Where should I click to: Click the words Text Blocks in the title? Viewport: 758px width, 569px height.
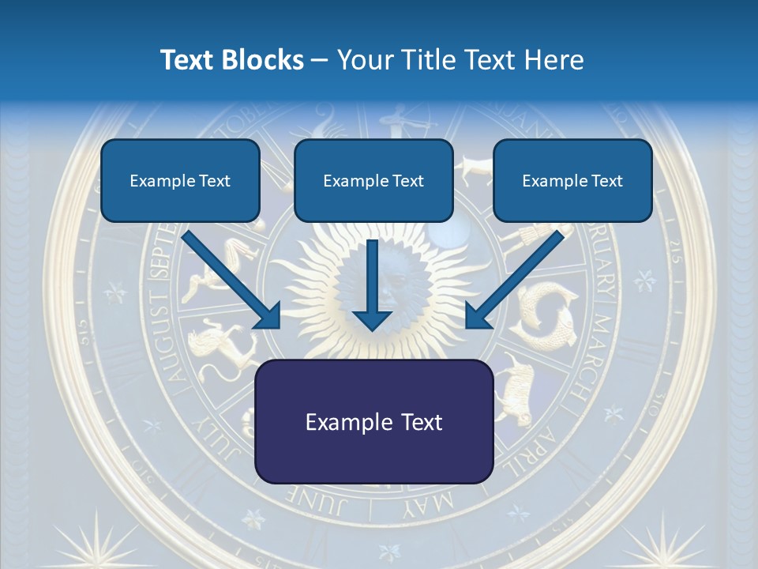click(x=231, y=60)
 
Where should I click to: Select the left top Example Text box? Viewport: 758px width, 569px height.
click(x=180, y=180)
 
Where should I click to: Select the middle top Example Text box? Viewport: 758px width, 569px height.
click(x=373, y=180)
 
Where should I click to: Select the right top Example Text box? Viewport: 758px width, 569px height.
click(x=572, y=180)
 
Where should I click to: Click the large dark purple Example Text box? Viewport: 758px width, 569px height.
click(x=373, y=421)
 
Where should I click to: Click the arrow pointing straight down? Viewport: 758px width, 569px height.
click(x=372, y=284)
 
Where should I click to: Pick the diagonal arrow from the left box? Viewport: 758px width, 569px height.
click(x=233, y=280)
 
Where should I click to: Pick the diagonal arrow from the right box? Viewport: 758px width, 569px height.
click(x=514, y=280)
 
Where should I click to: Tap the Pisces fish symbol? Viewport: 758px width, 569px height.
click(x=545, y=312)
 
